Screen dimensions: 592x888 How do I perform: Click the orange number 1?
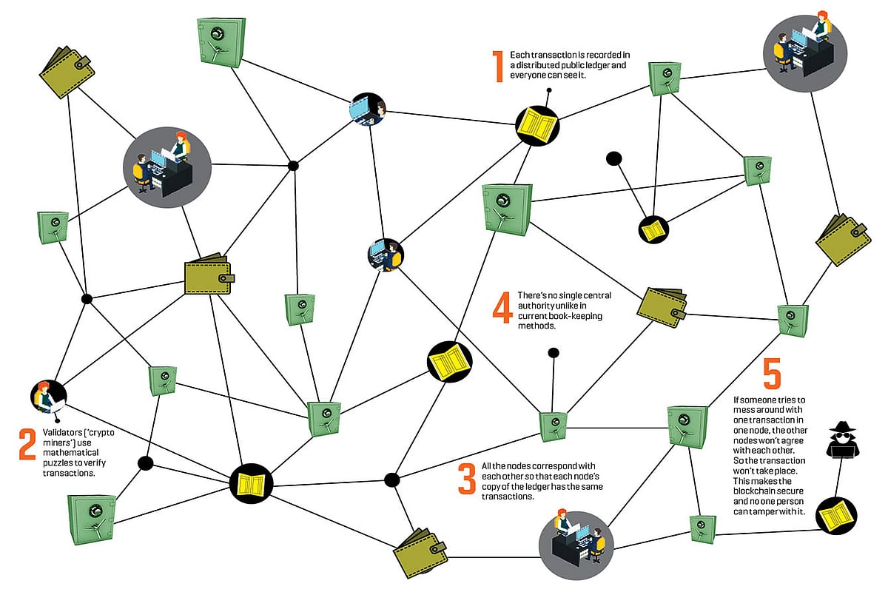coord(499,66)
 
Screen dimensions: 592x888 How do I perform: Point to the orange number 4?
coord(502,308)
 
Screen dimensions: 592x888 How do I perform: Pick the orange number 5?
coord(771,373)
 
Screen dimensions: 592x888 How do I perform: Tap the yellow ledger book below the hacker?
coord(837,516)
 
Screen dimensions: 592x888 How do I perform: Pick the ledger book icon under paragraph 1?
coord(537,123)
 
